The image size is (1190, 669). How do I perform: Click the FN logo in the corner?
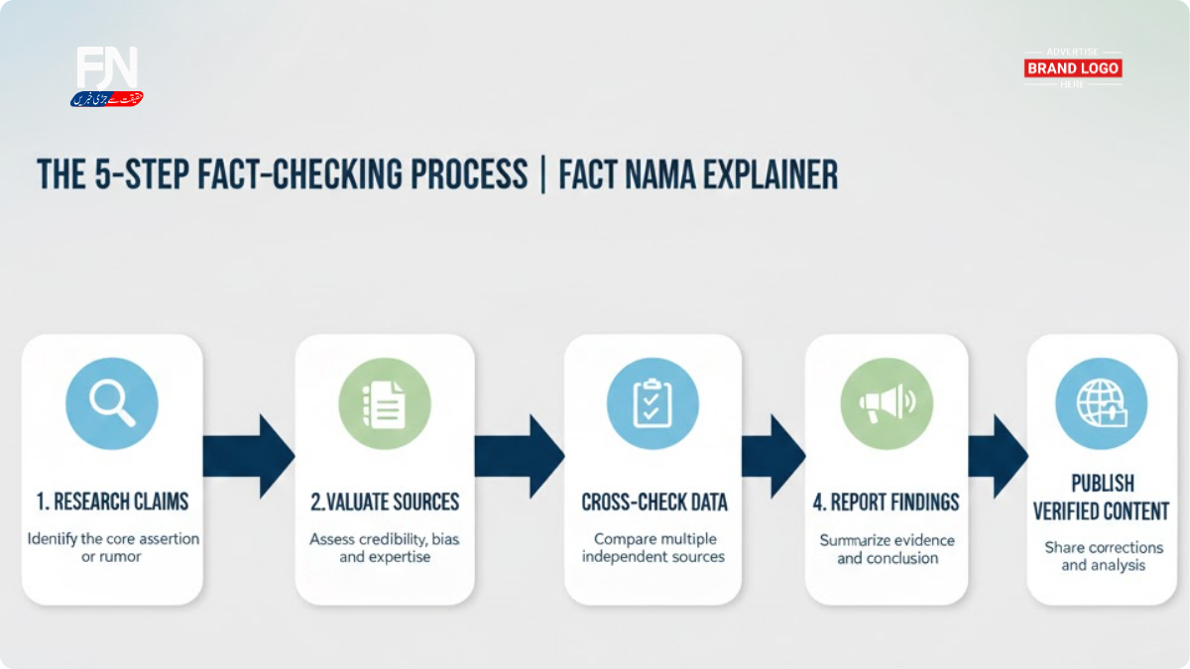pos(107,73)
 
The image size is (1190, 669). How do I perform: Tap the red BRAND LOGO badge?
pos(1073,68)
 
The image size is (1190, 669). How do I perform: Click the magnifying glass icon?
pos(111,403)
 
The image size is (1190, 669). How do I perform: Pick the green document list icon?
pos(384,403)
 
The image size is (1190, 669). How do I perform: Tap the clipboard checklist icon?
pos(652,403)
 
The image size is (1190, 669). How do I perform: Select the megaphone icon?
pos(886,403)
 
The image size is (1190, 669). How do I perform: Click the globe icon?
pos(1101,403)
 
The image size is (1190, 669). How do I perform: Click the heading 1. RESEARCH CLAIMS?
pos(112,502)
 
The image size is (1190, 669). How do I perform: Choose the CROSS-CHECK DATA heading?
pos(654,502)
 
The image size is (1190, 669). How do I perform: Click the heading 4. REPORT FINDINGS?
pos(886,502)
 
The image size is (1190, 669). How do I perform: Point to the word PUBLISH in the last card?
pos(1102,484)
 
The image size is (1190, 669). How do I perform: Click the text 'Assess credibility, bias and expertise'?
pos(385,548)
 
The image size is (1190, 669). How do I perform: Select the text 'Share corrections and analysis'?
pos(1103,556)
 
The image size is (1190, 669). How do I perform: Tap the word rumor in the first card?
pos(125,557)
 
